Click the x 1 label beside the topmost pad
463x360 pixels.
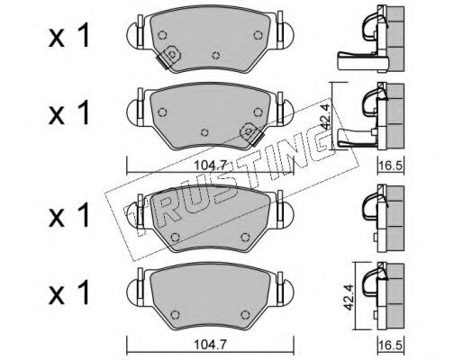69,36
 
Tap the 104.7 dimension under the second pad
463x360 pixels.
210,166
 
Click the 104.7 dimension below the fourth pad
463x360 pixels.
210,345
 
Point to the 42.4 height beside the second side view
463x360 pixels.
326,116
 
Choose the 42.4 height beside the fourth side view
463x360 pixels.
349,297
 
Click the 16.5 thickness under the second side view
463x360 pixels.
391,166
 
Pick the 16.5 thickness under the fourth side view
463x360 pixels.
391,345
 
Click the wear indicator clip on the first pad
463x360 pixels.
168,57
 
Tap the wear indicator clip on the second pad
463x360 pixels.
251,134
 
